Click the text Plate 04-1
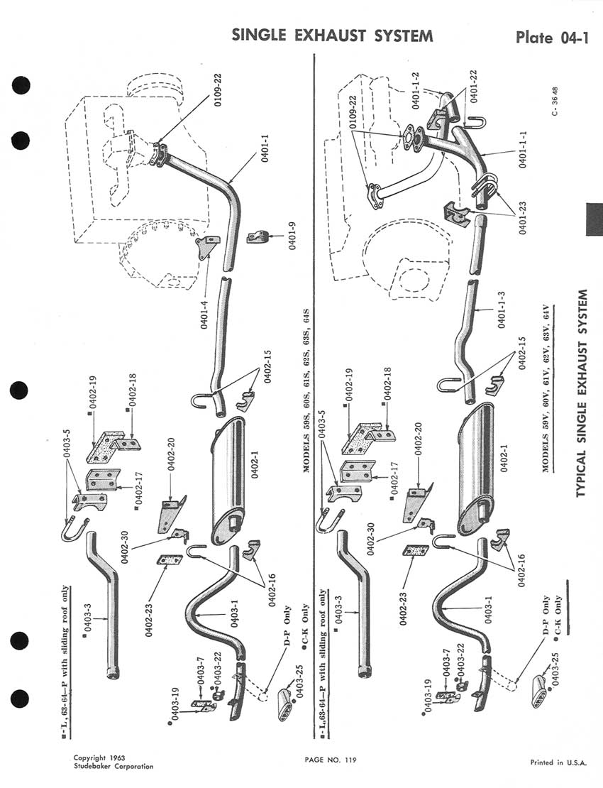(551, 38)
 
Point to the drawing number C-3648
(555, 102)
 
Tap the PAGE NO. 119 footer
(331, 760)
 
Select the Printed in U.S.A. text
(558, 762)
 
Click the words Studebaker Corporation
(114, 767)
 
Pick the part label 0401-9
(293, 236)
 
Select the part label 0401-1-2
(416, 90)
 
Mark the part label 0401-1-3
(502, 310)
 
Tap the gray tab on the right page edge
(594, 219)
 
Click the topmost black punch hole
(20, 85)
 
